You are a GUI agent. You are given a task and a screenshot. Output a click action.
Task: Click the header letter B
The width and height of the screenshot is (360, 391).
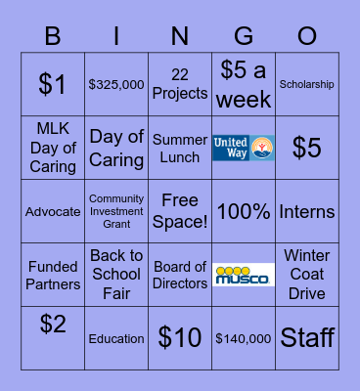pyautogui.click(x=53, y=35)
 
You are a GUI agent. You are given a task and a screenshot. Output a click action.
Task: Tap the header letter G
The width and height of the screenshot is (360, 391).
pyautogui.click(x=244, y=35)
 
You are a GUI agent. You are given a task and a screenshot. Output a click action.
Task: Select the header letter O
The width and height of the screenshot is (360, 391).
pyautogui.click(x=307, y=35)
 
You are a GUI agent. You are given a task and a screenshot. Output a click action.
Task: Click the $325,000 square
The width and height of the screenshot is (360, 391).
pyautogui.click(x=116, y=85)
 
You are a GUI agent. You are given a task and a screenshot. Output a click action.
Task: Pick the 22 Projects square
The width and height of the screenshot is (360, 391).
pyautogui.click(x=180, y=85)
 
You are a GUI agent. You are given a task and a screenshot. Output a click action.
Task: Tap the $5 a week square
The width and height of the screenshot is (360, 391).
pyautogui.click(x=244, y=85)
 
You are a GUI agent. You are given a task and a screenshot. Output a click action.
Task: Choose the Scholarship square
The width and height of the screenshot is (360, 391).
pyautogui.click(x=307, y=85)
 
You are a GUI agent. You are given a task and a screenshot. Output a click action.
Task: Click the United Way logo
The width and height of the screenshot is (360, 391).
pyautogui.click(x=244, y=149)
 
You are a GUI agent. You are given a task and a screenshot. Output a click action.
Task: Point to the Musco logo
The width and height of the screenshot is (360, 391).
pyautogui.click(x=244, y=275)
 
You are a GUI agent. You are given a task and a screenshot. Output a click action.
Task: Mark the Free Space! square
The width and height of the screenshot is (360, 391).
pyautogui.click(x=180, y=212)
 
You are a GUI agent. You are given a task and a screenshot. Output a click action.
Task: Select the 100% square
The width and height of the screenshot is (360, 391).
pyautogui.click(x=244, y=212)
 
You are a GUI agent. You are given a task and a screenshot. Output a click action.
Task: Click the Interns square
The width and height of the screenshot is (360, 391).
pyautogui.click(x=307, y=212)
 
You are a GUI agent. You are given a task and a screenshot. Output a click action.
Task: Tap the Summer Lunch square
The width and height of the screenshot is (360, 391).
pyautogui.click(x=180, y=149)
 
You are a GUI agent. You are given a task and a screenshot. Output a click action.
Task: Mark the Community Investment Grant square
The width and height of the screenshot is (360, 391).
pyautogui.click(x=116, y=212)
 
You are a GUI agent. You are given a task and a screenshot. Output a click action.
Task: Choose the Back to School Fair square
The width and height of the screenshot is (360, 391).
pyautogui.click(x=116, y=275)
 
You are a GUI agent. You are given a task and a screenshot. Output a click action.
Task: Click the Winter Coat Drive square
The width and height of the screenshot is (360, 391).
pyautogui.click(x=307, y=275)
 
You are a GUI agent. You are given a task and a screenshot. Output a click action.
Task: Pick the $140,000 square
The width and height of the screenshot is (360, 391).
pyautogui.click(x=244, y=338)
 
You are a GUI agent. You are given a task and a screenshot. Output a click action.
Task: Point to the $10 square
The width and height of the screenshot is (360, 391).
pyautogui.click(x=180, y=338)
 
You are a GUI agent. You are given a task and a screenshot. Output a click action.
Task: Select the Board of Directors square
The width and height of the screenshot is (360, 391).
pyautogui.click(x=180, y=275)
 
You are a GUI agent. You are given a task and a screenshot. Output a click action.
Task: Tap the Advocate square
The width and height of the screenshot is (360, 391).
pyautogui.click(x=53, y=212)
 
